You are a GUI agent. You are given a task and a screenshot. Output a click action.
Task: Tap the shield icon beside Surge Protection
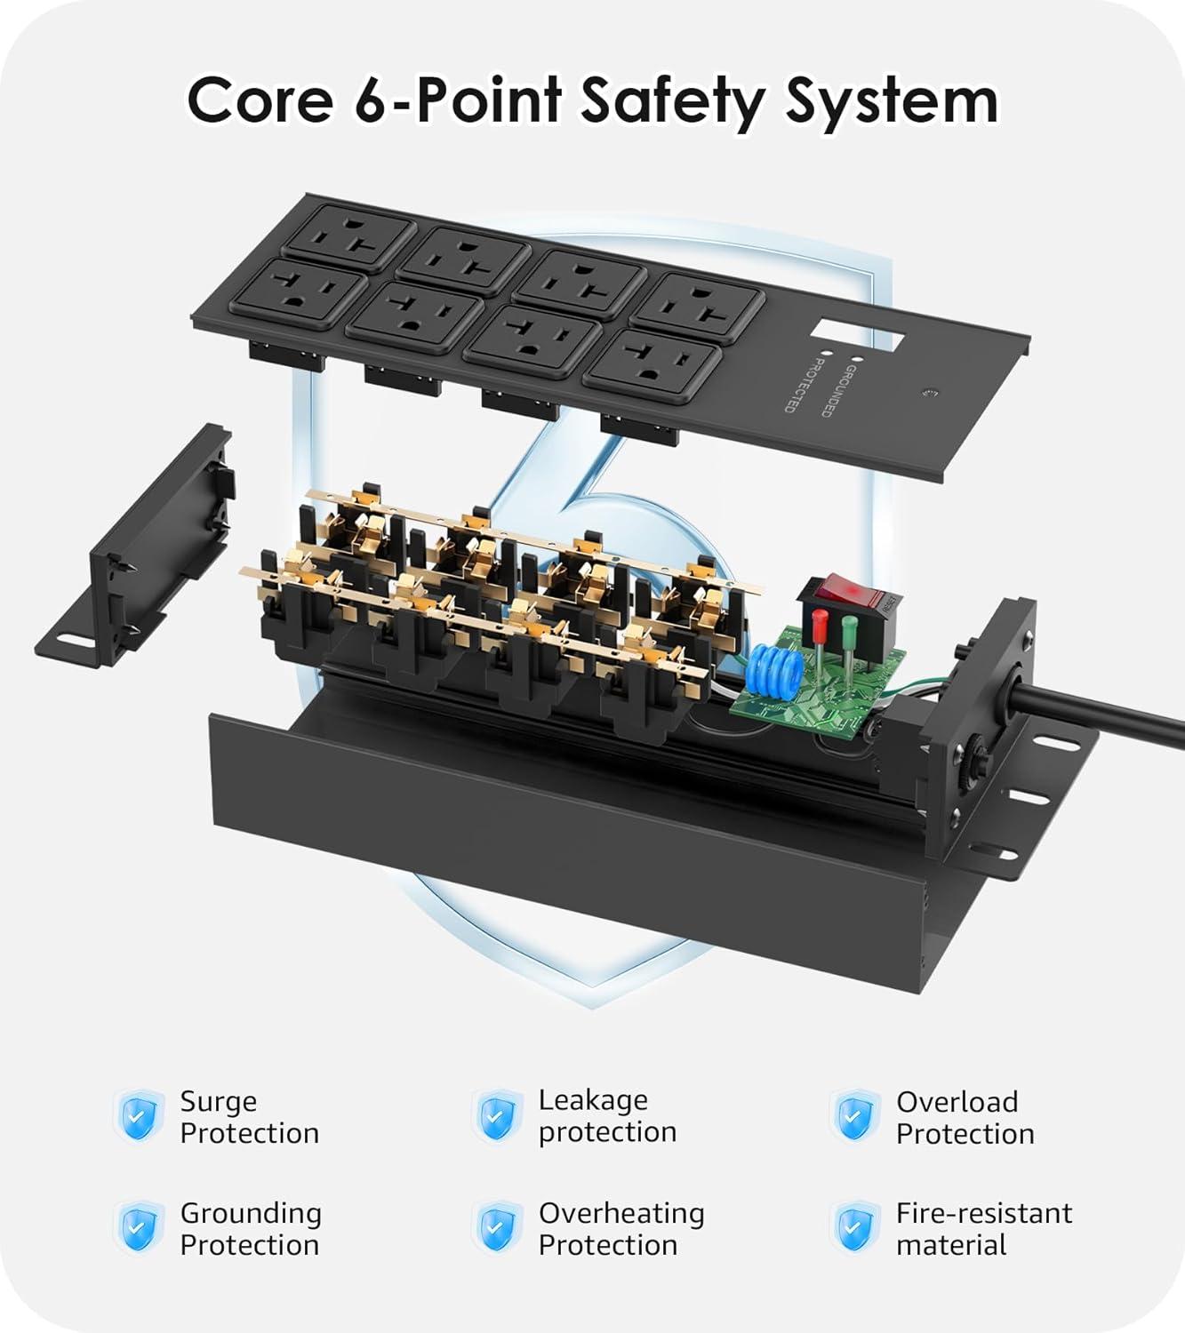click(x=140, y=1116)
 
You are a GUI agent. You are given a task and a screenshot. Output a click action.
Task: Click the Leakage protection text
click(x=607, y=1116)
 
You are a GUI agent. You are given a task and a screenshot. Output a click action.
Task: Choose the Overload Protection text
click(x=965, y=1117)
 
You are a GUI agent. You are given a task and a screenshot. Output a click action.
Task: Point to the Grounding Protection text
click(x=250, y=1228)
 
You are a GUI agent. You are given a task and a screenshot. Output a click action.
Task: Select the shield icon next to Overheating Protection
click(x=497, y=1228)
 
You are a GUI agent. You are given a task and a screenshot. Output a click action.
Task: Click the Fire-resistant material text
click(x=983, y=1228)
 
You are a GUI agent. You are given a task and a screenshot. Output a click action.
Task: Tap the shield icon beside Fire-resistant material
click(x=854, y=1228)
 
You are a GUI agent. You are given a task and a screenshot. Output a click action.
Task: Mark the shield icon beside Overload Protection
click(x=854, y=1116)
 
